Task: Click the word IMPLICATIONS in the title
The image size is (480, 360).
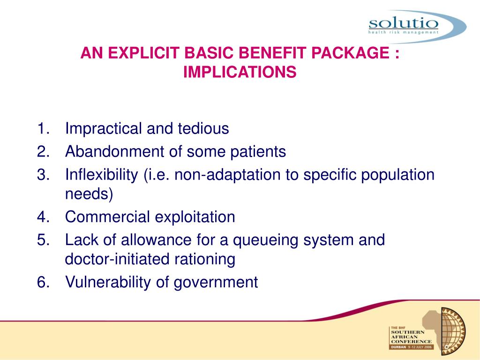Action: click(240, 73)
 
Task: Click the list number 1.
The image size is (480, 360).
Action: click(44, 128)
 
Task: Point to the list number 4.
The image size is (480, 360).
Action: click(44, 217)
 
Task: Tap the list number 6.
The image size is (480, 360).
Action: click(44, 282)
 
